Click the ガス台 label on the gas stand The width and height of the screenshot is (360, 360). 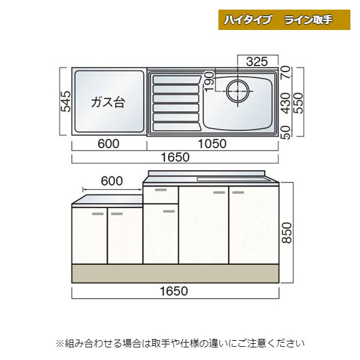pyautogui.click(x=108, y=102)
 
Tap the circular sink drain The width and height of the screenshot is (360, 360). pyautogui.click(x=238, y=91)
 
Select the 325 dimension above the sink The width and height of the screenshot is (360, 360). pyautogui.click(x=257, y=62)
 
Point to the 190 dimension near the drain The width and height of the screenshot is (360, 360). pyautogui.click(x=209, y=82)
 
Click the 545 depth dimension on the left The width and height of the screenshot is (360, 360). pyautogui.click(x=65, y=101)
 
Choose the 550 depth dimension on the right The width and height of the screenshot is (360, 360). pyautogui.click(x=299, y=103)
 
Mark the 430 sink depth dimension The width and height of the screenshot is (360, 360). pyautogui.click(x=286, y=103)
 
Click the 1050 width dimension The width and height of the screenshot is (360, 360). pyautogui.click(x=212, y=144)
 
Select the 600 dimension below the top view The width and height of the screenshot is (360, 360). pyautogui.click(x=109, y=144)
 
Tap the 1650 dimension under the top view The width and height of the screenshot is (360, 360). pyautogui.click(x=175, y=157)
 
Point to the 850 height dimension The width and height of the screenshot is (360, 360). pyautogui.click(x=287, y=233)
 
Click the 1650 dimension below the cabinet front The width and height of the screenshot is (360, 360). pyautogui.click(x=174, y=291)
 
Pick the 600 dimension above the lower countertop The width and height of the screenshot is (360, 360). pyautogui.click(x=112, y=181)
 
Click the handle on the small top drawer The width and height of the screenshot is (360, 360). pyautogui.click(x=161, y=190)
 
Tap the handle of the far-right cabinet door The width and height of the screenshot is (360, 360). pyautogui.click(x=238, y=193)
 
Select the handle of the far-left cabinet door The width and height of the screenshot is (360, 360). pyautogui.click(x=98, y=214)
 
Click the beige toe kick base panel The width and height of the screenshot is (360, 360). pyautogui.click(x=175, y=273)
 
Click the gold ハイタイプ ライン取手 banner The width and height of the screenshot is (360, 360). pyautogui.click(x=284, y=20)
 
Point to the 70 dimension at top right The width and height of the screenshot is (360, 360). pyautogui.click(x=286, y=71)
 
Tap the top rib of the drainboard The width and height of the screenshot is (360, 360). pyautogui.click(x=176, y=79)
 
